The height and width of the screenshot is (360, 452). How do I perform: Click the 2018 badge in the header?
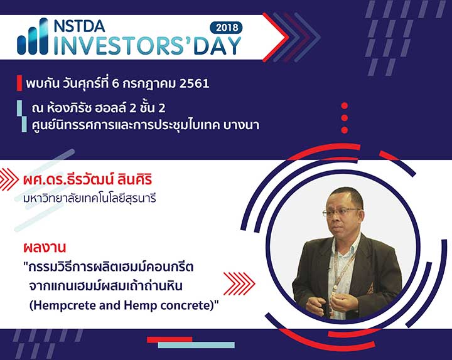pyautogui.click(x=226, y=28)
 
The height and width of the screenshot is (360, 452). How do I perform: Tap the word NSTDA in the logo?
pyautogui.click(x=79, y=26)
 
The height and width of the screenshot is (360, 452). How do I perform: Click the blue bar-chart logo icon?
pyautogui.click(x=33, y=36)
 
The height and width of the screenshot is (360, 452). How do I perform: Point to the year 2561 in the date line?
pyautogui.click(x=194, y=84)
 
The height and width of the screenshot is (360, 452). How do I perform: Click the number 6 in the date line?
pyautogui.click(x=116, y=84)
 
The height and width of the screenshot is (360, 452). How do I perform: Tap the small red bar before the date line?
pyautogui.click(x=19, y=83)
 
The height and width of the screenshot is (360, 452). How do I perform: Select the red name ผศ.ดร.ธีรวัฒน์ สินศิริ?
pyautogui.click(x=88, y=180)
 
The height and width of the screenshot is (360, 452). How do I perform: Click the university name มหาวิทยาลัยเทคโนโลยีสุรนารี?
pyautogui.click(x=90, y=198)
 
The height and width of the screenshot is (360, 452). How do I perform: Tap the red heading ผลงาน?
pyautogui.click(x=45, y=247)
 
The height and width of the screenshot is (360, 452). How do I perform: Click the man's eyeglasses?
pyautogui.click(x=340, y=213)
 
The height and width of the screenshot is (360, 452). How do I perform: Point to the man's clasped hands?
pyautogui.click(x=331, y=303)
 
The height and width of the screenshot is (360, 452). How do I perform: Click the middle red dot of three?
pyautogui.click(x=344, y=118)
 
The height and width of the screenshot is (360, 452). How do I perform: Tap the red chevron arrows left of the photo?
pyautogui.click(x=239, y=283)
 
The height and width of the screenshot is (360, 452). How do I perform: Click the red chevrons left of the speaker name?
pyautogui.click(x=9, y=179)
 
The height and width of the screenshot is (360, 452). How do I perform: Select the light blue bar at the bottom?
pyautogui.click(x=196, y=345)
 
